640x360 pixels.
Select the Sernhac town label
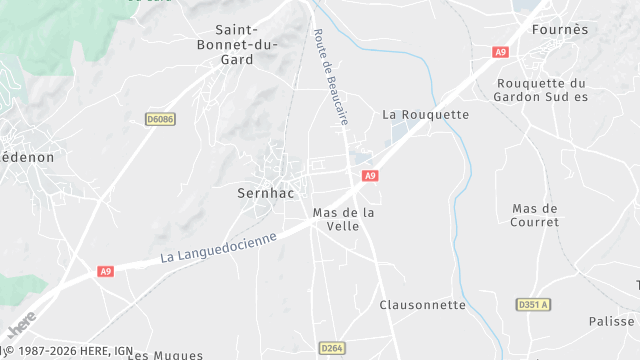(x=266, y=191)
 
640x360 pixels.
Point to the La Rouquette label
(x=426, y=114)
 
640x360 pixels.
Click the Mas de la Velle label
(x=343, y=219)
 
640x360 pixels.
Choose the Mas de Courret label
(x=535, y=215)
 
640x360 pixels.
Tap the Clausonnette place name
(x=423, y=304)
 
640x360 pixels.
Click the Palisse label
(x=611, y=321)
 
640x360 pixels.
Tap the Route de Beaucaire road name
(x=331, y=75)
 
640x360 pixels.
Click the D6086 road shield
(x=160, y=119)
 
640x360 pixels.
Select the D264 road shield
(x=332, y=347)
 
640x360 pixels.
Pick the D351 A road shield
(x=534, y=304)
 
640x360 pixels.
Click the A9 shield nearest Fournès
(x=500, y=52)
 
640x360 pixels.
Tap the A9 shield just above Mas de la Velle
(x=370, y=176)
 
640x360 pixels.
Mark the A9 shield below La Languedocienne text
(x=106, y=271)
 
